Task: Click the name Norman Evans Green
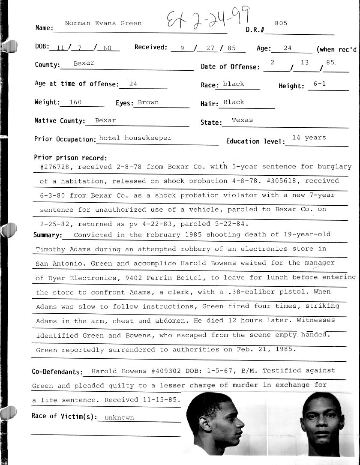tap(103, 23)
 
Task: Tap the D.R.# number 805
tap(281, 23)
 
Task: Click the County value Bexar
tap(84, 63)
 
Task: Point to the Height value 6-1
tap(319, 84)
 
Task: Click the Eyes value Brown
tap(148, 102)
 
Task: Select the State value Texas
tap(243, 120)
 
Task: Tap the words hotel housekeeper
tap(135, 138)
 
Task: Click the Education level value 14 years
tap(309, 138)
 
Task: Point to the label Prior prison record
tap(71, 158)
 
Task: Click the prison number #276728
tap(54, 167)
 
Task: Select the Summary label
tap(48, 235)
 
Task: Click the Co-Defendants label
tap(57, 372)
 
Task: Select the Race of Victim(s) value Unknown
tap(119, 417)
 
